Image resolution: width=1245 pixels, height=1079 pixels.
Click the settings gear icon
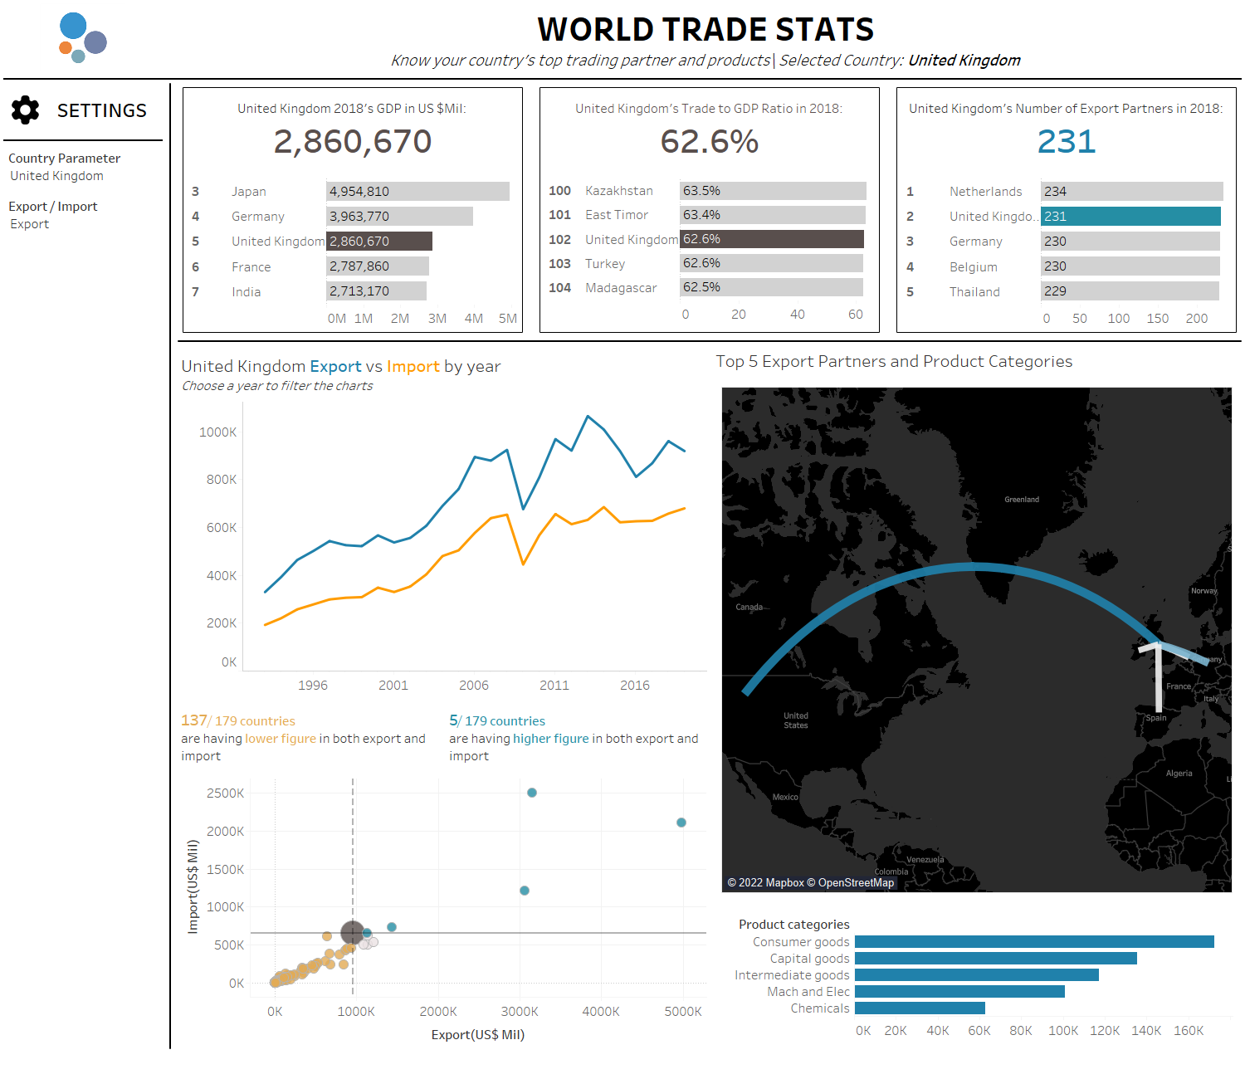[x=26, y=110]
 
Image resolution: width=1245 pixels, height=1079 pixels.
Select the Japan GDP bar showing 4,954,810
[x=417, y=192]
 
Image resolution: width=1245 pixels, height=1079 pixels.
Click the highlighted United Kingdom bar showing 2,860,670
[x=379, y=242]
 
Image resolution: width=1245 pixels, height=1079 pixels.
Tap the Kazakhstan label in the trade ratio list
[x=618, y=191]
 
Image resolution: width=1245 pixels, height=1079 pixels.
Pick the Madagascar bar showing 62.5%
[x=771, y=287]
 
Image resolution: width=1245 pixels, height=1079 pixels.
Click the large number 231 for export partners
[x=1067, y=142]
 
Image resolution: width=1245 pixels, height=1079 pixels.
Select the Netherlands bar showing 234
[x=1131, y=192]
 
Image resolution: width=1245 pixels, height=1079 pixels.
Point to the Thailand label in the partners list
[x=974, y=292]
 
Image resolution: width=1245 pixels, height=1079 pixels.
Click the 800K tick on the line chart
[x=222, y=480]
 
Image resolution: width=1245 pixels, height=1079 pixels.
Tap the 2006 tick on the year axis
[x=474, y=686]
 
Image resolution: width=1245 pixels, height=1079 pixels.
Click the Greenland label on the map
[x=1022, y=500]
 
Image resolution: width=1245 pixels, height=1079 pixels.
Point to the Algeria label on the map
[x=1179, y=774]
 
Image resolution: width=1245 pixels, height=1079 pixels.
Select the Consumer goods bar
[x=1034, y=942]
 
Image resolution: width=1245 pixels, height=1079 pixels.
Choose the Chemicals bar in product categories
[x=920, y=1008]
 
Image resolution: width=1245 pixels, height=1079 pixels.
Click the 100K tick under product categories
[x=1063, y=1031]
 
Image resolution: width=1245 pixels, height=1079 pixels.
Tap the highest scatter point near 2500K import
[x=532, y=793]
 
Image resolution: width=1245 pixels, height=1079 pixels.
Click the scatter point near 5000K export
[x=681, y=823]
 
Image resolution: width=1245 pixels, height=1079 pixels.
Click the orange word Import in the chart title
[x=413, y=367]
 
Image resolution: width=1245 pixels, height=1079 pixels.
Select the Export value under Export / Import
[x=30, y=224]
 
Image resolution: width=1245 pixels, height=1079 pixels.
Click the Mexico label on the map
[x=785, y=797]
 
